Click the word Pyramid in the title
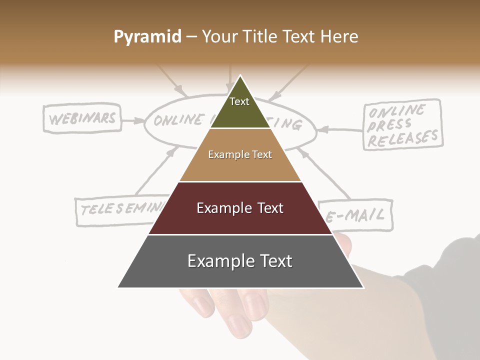point(147,37)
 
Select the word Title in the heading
point(261,36)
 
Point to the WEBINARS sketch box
point(82,118)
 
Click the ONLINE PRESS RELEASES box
point(402,125)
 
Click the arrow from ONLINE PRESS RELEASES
point(340,130)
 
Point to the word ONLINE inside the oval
point(177,120)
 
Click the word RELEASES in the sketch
point(402,137)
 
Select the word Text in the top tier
point(239,101)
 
